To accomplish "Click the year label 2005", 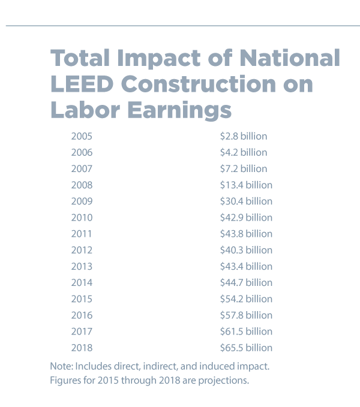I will point(82,137).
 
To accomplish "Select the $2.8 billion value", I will point(244,137).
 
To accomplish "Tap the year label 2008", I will point(82,185).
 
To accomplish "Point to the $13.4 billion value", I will point(246,185).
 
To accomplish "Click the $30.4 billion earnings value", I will point(246,201).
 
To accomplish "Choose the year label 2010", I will point(82,218).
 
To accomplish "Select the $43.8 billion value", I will point(246,234).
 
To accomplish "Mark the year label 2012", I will point(82,250).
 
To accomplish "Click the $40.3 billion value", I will point(246,250).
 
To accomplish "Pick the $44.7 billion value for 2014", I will point(246,282).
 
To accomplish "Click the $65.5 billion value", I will point(246,348).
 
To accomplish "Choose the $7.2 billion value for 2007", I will point(244,169).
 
